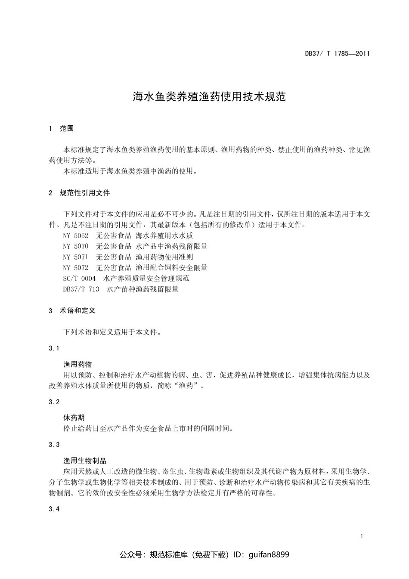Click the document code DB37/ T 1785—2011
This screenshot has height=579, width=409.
337,54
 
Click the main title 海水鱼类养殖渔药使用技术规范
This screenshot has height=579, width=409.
209,96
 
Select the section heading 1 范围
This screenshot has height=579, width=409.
62,128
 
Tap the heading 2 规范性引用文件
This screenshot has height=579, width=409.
80,193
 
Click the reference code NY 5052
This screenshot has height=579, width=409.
75,235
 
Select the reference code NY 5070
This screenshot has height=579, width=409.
75,246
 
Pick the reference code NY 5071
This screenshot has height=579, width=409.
75,257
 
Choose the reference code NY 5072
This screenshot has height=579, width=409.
75,267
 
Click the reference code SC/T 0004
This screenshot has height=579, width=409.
79,278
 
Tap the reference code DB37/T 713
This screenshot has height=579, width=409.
81,289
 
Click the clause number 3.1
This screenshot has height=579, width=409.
54,348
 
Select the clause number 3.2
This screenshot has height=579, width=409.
54,402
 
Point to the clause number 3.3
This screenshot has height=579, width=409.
54,445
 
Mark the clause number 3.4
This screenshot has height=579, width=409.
54,509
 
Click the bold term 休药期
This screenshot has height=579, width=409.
74,418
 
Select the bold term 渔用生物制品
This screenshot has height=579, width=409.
85,461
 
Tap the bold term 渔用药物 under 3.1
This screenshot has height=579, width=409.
77,364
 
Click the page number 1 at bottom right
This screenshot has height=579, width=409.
362,536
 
